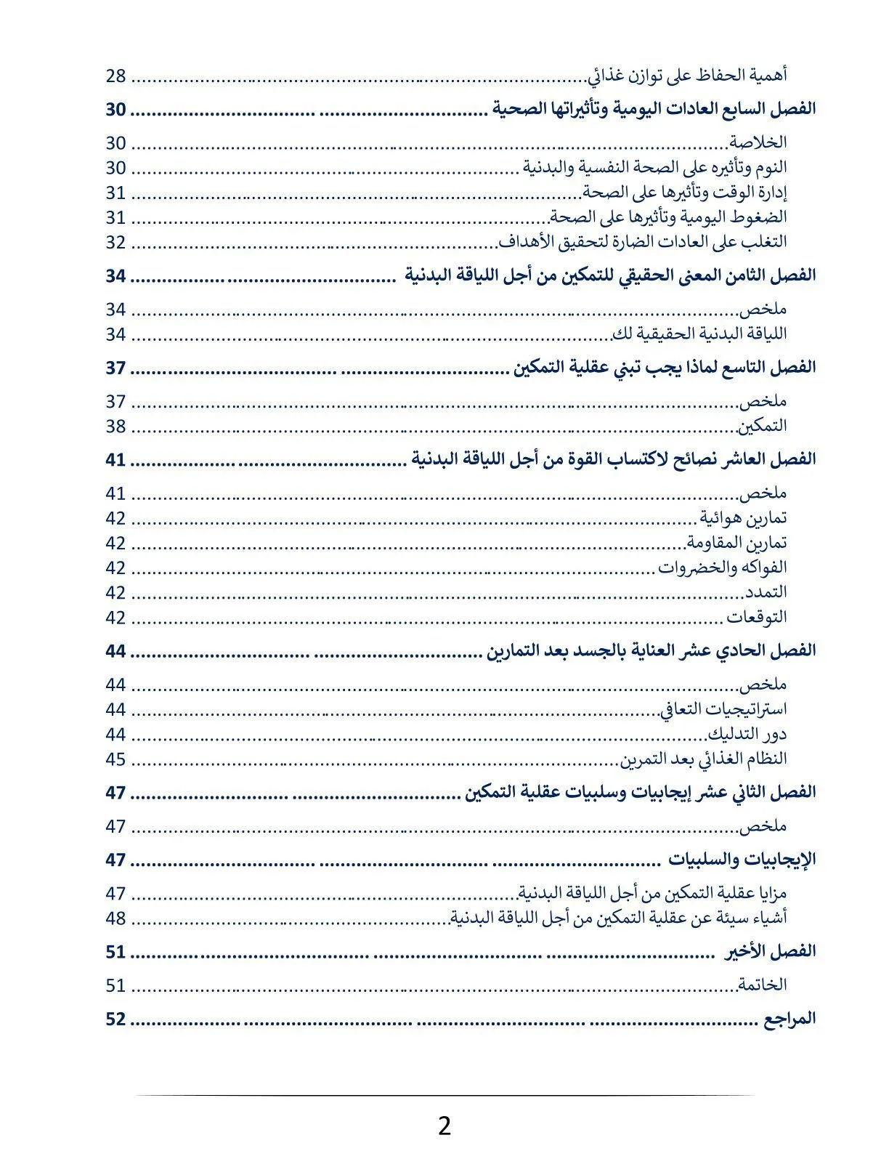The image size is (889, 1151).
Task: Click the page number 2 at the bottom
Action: [x=444, y=1126]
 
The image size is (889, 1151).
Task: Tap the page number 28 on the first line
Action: [x=116, y=76]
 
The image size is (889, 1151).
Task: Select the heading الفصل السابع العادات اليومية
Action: [x=654, y=109]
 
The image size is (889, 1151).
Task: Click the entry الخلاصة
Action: [x=758, y=142]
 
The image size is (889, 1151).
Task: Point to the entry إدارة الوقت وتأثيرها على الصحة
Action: [x=685, y=192]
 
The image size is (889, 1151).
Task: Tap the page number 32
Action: [x=116, y=242]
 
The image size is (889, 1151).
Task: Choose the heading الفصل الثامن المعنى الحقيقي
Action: [x=610, y=275]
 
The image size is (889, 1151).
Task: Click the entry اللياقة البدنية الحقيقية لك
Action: [x=699, y=334]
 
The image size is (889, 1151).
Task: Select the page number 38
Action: [x=116, y=426]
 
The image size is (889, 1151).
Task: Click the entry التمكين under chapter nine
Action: [x=763, y=426]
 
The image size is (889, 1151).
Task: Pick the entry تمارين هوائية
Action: [x=743, y=518]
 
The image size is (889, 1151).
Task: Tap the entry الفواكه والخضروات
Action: [x=723, y=568]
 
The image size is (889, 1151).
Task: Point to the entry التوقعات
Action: [x=757, y=618]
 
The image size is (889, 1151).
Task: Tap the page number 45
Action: [x=116, y=759]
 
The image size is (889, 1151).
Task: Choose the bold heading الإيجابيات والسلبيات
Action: [x=742, y=860]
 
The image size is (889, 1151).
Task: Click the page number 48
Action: [x=116, y=918]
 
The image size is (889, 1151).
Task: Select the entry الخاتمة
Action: [x=762, y=985]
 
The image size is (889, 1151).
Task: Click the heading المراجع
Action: [x=789, y=1019]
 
